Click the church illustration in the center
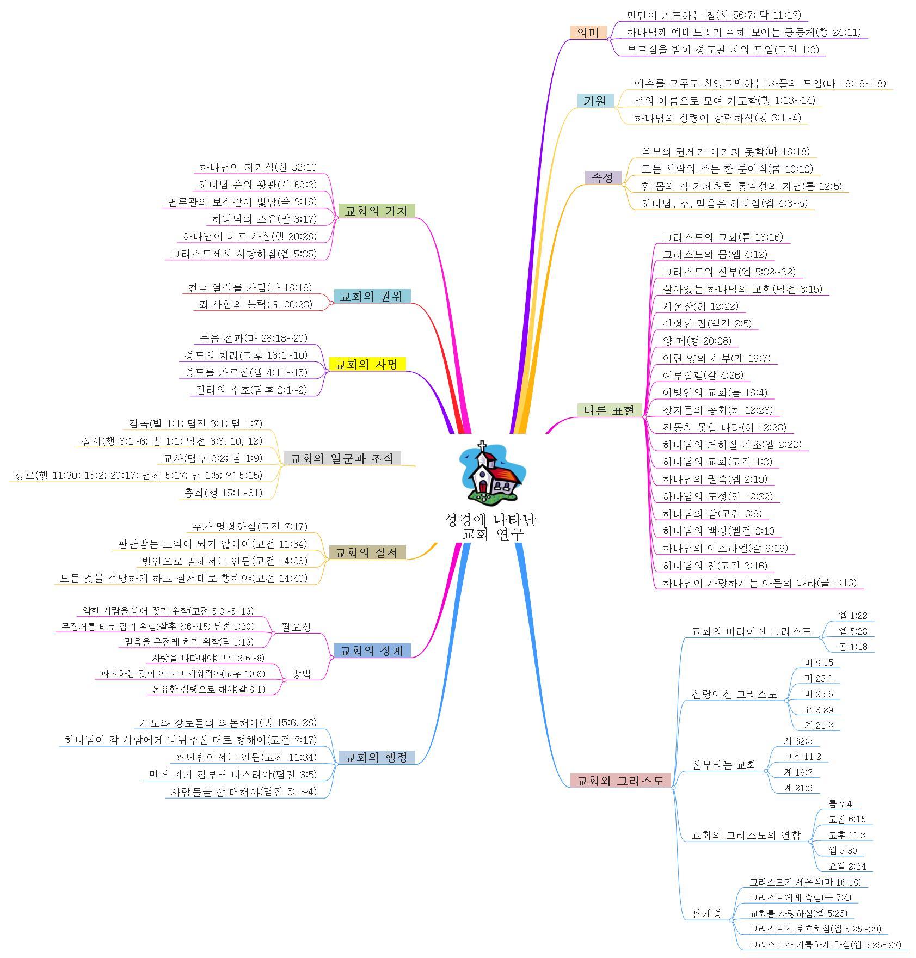tap(490, 472)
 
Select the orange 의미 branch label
tap(588, 32)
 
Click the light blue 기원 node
tap(595, 101)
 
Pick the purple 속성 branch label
tap(603, 177)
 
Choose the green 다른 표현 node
tap(610, 410)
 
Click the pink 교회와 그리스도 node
tap(620, 781)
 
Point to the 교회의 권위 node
tap(372, 296)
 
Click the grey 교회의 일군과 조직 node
tap(342, 458)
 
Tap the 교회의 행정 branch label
tap(377, 757)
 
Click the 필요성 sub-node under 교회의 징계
tap(296, 627)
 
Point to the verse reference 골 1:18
tap(853, 647)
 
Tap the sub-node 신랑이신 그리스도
tap(734, 694)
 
